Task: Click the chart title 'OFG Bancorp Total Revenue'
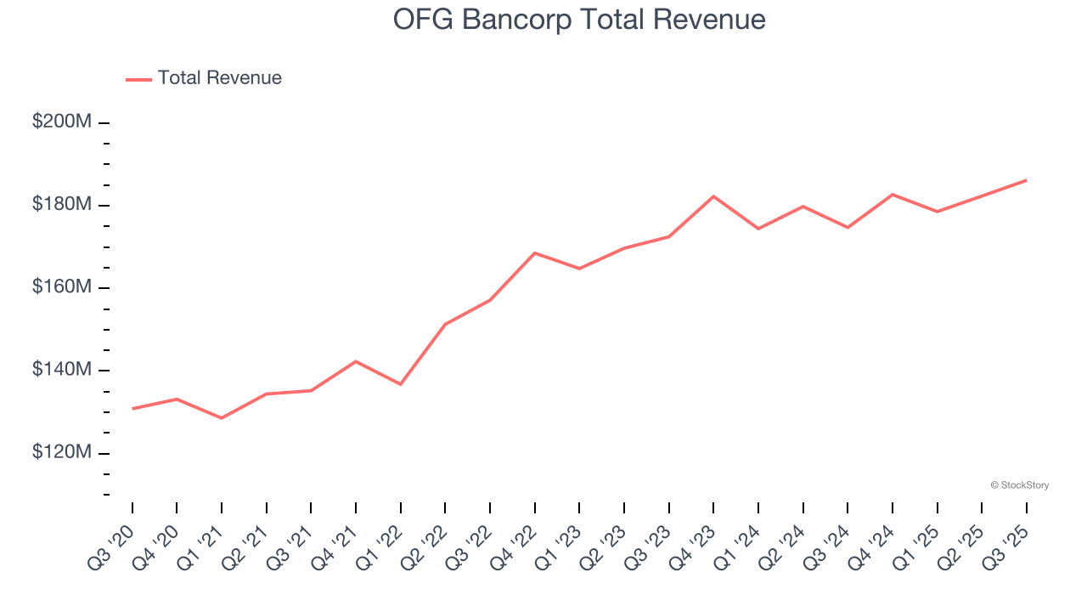pyautogui.click(x=579, y=20)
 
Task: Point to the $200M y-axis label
pyautogui.click(x=62, y=122)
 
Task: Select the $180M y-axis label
pyautogui.click(x=62, y=204)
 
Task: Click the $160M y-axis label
pyautogui.click(x=62, y=286)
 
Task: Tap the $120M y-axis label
pyautogui.click(x=62, y=451)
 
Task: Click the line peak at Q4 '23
pyautogui.click(x=713, y=196)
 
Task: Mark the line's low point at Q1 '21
pyautogui.click(x=222, y=418)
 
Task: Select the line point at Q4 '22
pyautogui.click(x=535, y=252)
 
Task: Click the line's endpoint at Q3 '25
pyautogui.click(x=1026, y=180)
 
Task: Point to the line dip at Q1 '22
pyautogui.click(x=401, y=384)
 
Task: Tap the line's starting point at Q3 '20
pyautogui.click(x=132, y=409)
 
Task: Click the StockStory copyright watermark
pyautogui.click(x=1019, y=485)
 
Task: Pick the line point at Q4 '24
pyautogui.click(x=893, y=195)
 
